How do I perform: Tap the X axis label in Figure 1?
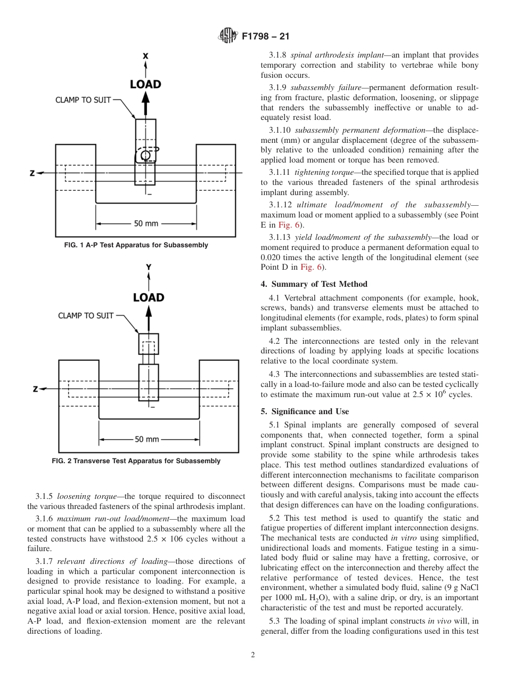point(145,56)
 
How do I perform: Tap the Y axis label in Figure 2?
point(149,267)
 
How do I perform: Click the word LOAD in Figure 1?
point(145,84)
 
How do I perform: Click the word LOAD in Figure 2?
point(148,297)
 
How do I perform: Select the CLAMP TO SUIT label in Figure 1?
point(83,100)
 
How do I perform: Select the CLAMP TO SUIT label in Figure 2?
point(86,316)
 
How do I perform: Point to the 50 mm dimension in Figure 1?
point(146,223)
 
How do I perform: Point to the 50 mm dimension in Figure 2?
point(147,439)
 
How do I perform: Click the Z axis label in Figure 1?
point(32,173)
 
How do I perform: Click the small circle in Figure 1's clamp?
point(145,155)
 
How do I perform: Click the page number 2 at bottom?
point(253,655)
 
